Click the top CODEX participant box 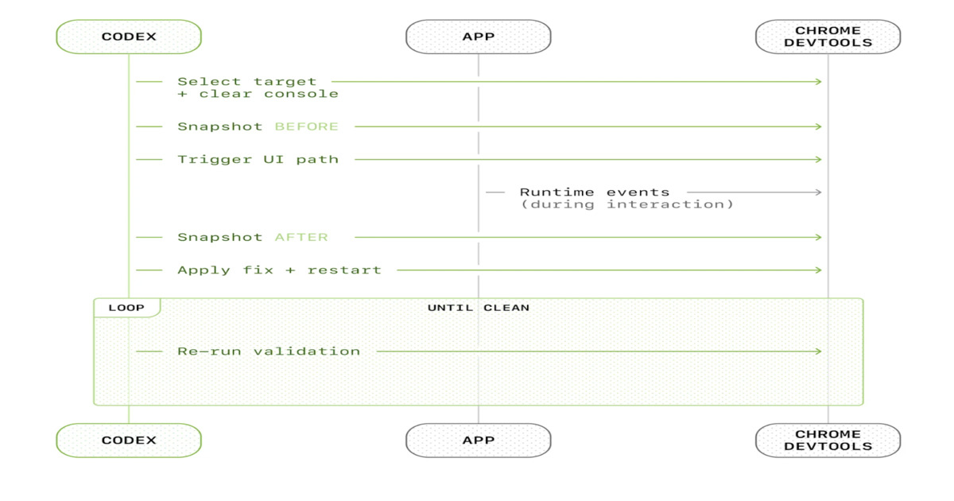click(129, 37)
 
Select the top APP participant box click(478, 37)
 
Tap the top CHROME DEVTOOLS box click(828, 37)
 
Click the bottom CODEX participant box click(129, 440)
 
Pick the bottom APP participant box click(478, 440)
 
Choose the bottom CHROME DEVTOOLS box click(828, 440)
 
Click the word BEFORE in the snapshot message click(306, 126)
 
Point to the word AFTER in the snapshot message click(301, 237)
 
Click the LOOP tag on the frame click(126, 308)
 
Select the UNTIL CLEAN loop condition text click(478, 308)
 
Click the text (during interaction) click(626, 204)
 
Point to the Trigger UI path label click(258, 159)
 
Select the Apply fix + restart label click(279, 270)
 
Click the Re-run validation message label click(269, 351)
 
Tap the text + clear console click(258, 94)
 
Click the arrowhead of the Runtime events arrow click(818, 192)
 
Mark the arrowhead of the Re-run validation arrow click(818, 351)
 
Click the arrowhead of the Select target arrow click(818, 81)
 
